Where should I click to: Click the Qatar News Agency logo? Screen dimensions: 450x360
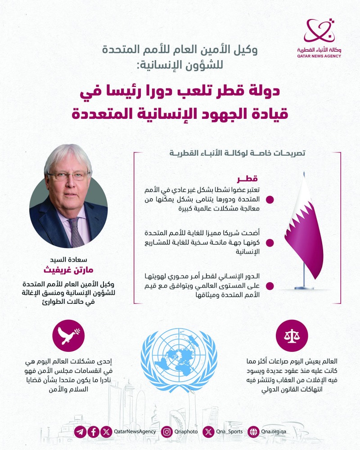point(319,38)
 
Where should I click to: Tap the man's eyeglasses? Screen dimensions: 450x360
point(69,175)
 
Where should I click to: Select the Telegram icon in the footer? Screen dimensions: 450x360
point(80,432)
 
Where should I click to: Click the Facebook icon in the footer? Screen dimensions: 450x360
point(93,432)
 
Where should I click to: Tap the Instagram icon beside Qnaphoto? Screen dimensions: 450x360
point(166,432)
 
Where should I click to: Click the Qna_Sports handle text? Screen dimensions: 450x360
point(229,432)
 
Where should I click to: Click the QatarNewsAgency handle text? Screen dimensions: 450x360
point(135,432)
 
